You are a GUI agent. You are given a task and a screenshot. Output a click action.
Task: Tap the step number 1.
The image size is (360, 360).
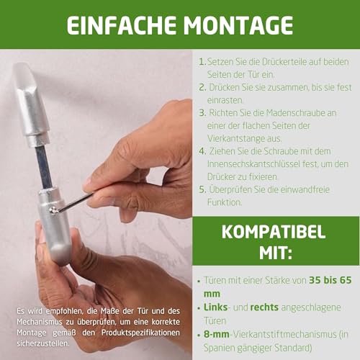click(202, 63)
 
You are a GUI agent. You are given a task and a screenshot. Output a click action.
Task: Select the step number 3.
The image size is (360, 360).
click(202, 113)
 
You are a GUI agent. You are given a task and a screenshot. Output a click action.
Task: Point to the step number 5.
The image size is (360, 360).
click(202, 189)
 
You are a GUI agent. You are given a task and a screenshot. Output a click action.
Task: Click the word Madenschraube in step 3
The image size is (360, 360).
click(292, 113)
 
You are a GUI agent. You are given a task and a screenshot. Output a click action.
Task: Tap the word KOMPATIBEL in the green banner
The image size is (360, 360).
click(274, 233)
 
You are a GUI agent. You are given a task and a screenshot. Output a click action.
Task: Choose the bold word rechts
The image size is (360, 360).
click(265, 307)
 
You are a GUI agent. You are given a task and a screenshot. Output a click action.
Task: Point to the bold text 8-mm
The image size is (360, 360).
click(218, 333)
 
